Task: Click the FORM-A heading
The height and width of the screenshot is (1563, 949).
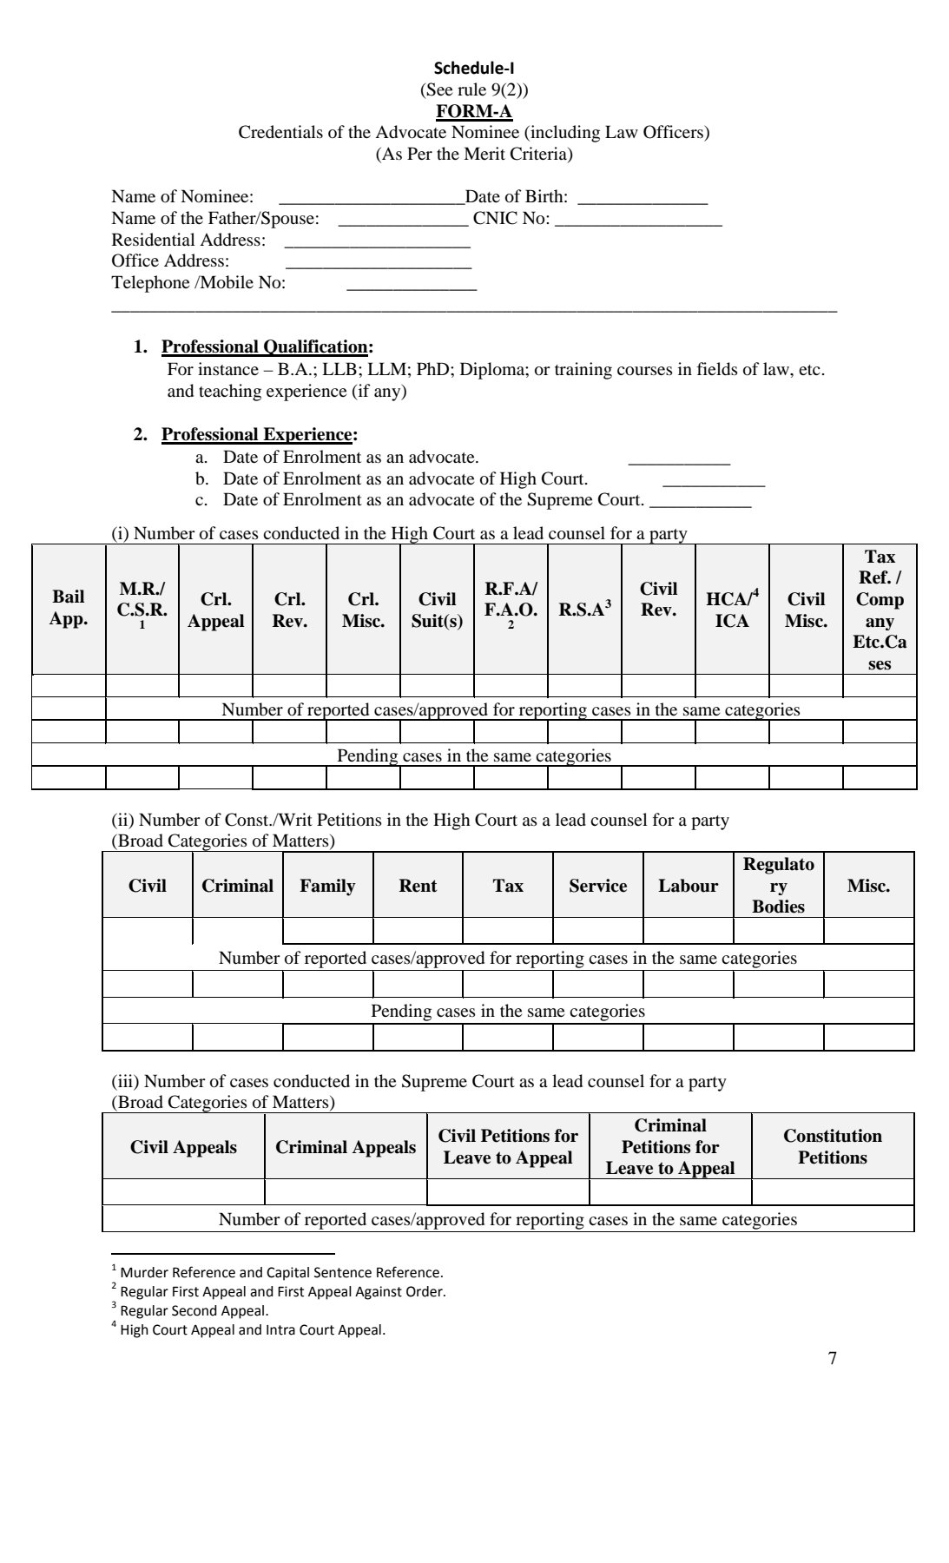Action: pyautogui.click(x=474, y=112)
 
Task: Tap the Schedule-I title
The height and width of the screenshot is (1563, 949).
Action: pyautogui.click(x=474, y=69)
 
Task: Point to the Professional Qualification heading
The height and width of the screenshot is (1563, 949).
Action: pyautogui.click(x=265, y=347)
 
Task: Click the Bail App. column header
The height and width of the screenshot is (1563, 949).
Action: pyautogui.click(x=69, y=608)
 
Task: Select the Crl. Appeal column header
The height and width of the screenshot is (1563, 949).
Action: pyautogui.click(x=215, y=610)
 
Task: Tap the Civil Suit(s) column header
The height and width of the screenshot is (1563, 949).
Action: pyautogui.click(x=437, y=610)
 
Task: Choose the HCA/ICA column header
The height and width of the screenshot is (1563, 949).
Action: pyautogui.click(x=732, y=610)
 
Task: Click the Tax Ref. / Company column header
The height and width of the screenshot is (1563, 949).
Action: pyautogui.click(x=880, y=610)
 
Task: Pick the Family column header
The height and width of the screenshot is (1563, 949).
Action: pyautogui.click(x=327, y=886)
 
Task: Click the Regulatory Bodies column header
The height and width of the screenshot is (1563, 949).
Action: pyautogui.click(x=778, y=886)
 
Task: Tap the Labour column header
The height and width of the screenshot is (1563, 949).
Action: pyautogui.click(x=688, y=886)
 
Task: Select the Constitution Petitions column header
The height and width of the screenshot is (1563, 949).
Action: pyautogui.click(x=832, y=1146)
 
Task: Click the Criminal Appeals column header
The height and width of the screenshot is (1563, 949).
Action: pyautogui.click(x=346, y=1147)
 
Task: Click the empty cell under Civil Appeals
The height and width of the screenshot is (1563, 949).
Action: pyautogui.click(x=183, y=1191)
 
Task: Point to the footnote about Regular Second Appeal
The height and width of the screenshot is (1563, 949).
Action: pyautogui.click(x=194, y=1311)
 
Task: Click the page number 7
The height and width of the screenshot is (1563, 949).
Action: pyautogui.click(x=833, y=1359)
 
